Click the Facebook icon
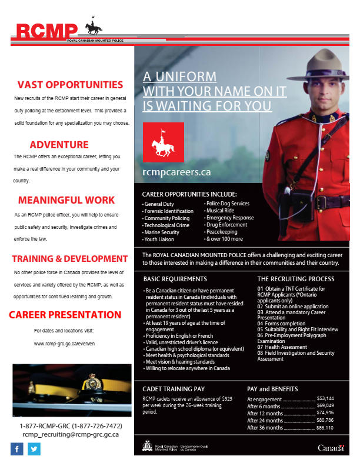click(x=17, y=449)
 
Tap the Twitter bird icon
click(x=34, y=449)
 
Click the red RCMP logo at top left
click(x=47, y=30)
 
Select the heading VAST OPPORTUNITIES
click(x=70, y=85)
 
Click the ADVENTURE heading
click(x=59, y=145)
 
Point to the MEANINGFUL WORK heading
click(x=66, y=200)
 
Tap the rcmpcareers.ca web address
click(x=176, y=172)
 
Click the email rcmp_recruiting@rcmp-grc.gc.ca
click(x=71, y=434)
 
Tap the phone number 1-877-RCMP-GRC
click(x=71, y=425)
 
